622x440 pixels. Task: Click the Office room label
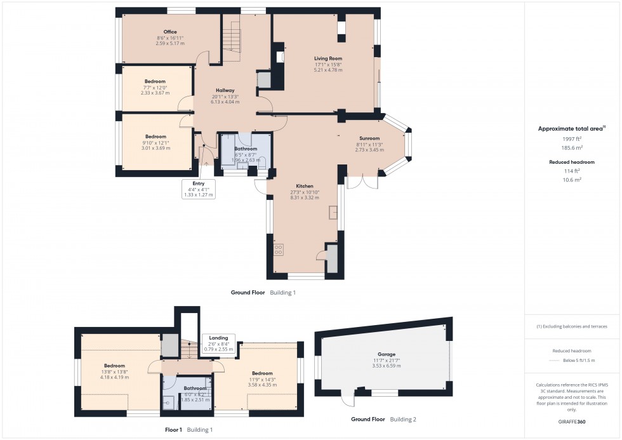click(x=169, y=32)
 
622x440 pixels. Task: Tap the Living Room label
click(x=328, y=58)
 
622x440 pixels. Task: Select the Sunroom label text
click(x=369, y=138)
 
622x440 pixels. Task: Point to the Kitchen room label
click(x=305, y=186)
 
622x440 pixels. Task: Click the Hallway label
click(x=225, y=91)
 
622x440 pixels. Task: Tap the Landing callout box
click(x=218, y=343)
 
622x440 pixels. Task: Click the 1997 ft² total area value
click(x=571, y=138)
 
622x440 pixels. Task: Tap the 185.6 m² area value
click(x=571, y=147)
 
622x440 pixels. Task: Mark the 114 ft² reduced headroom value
click(x=571, y=171)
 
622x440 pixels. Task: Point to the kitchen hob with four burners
click(x=278, y=250)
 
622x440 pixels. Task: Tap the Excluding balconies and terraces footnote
click(x=571, y=326)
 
